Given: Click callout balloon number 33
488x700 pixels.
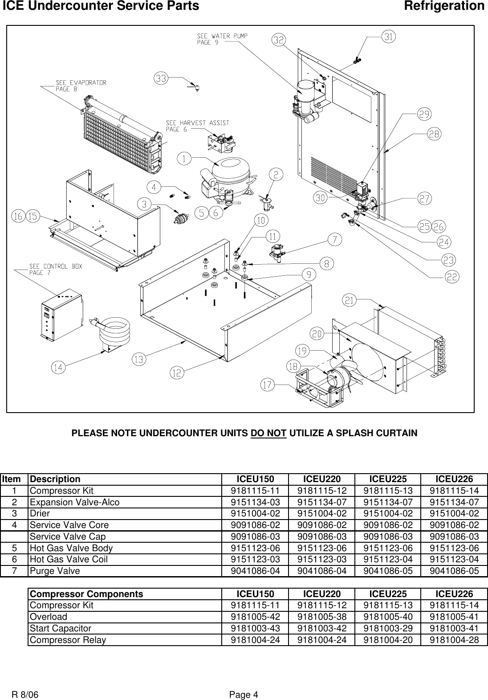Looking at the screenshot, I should point(161,78).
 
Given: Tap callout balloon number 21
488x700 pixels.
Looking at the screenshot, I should point(350,301).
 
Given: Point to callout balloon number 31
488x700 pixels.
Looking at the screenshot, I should point(389,38).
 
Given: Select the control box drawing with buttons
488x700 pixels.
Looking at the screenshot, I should point(60,316).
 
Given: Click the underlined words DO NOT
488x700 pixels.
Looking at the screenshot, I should point(268,433).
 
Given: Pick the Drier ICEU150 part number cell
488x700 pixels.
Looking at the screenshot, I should point(255,513).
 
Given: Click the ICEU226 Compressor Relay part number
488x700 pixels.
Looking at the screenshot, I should point(454,640).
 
